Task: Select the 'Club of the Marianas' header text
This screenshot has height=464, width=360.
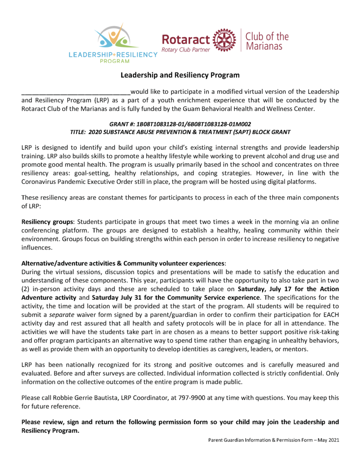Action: pos(266,41)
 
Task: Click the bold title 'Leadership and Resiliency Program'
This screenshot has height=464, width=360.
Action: pos(180,75)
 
